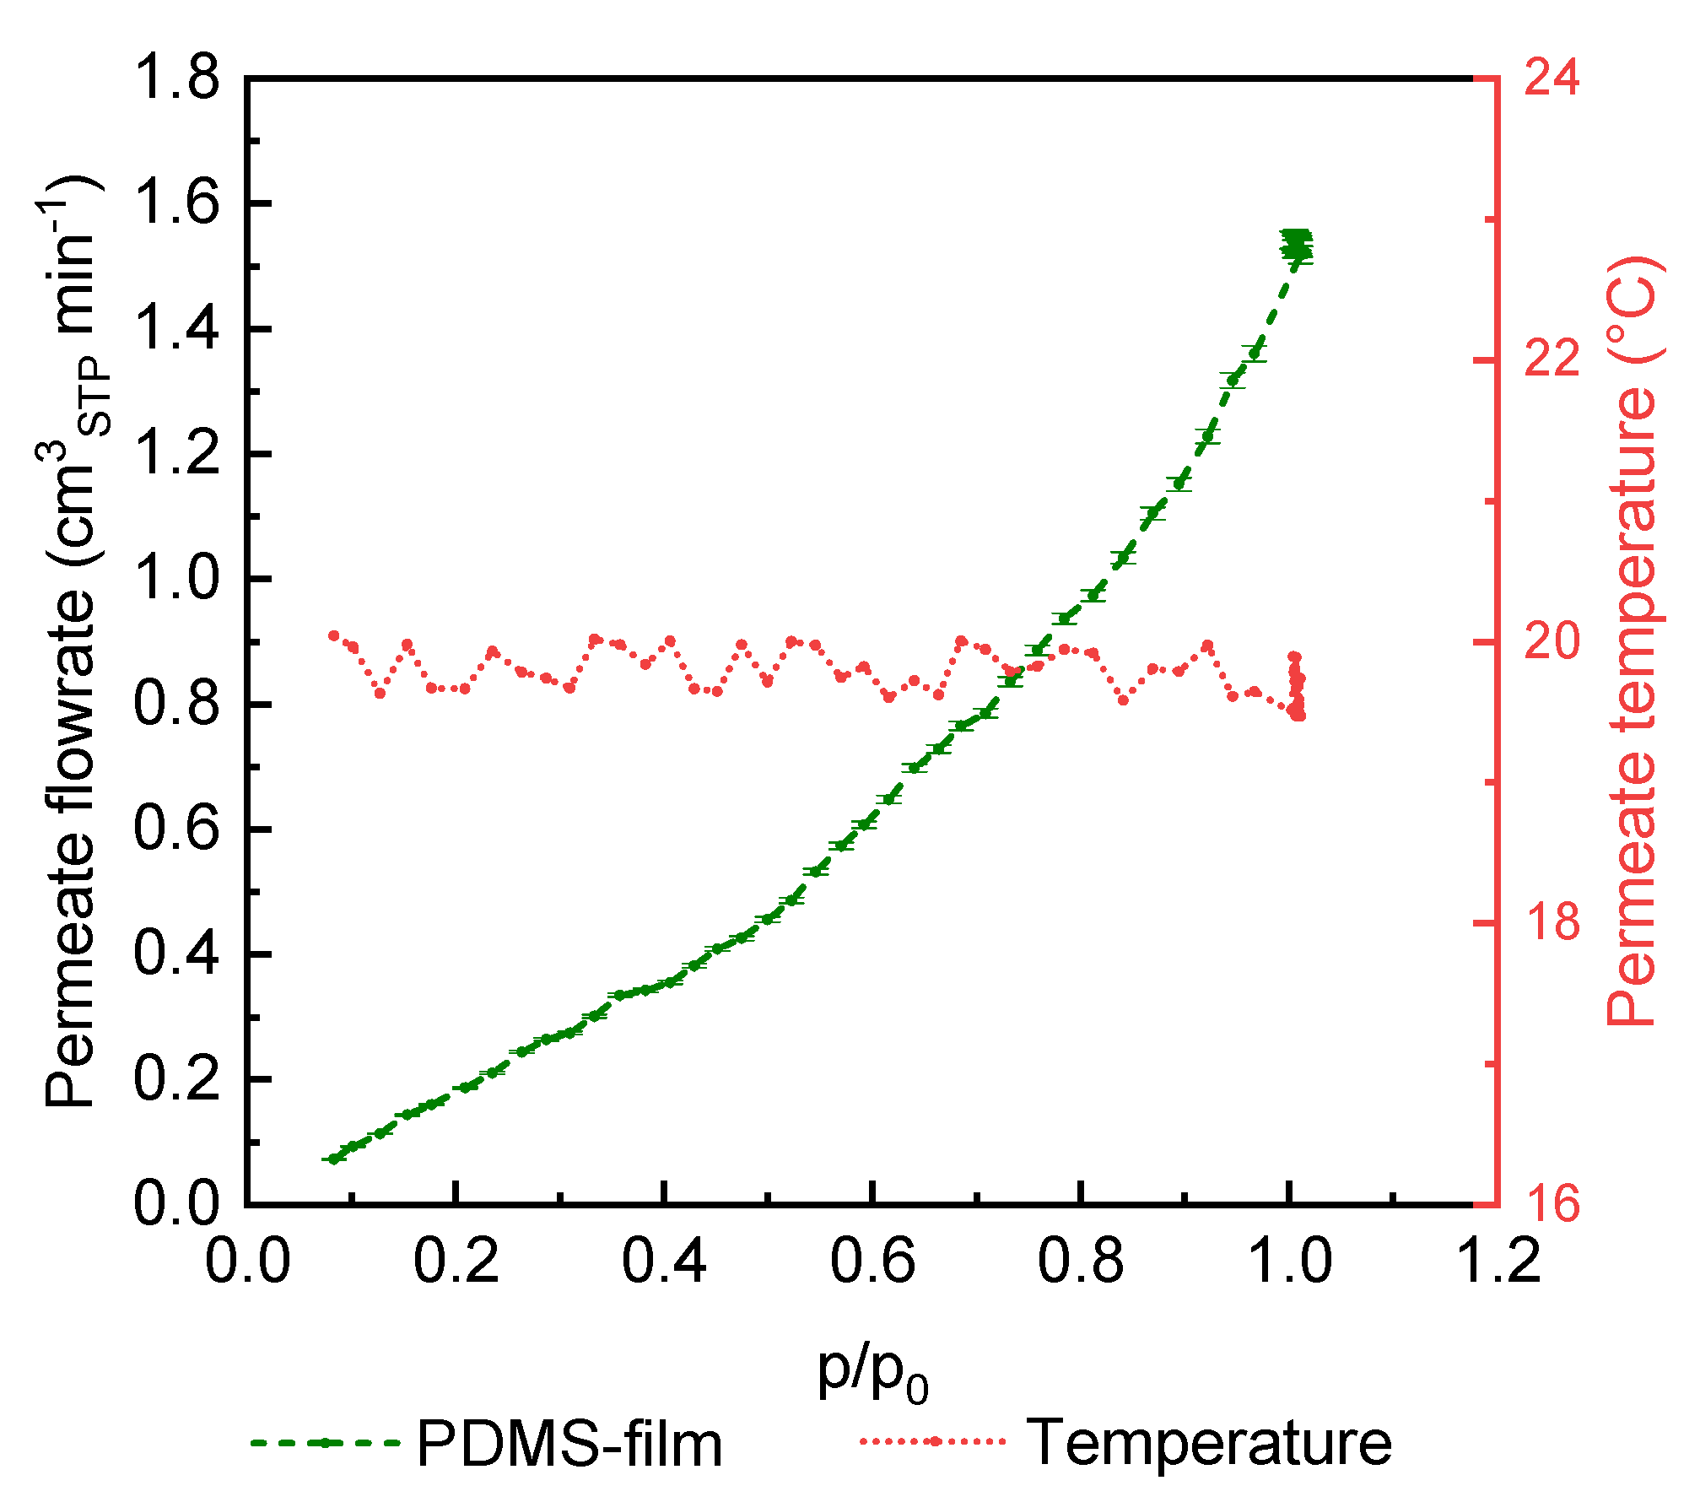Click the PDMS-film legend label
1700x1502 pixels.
[569, 1444]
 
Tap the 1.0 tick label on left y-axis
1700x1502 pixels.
[176, 580]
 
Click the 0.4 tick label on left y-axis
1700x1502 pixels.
[176, 954]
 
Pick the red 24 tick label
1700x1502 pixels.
[1552, 78]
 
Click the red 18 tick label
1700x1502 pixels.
[1552, 922]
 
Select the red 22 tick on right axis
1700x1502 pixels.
[1552, 360]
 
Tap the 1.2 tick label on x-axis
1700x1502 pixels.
[1498, 1262]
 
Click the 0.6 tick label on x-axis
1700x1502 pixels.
[872, 1262]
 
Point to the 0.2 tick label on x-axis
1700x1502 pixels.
[456, 1262]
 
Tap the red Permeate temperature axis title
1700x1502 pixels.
[1633, 641]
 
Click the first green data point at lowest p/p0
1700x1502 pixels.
[334, 1159]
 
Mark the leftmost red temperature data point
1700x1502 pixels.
[334, 635]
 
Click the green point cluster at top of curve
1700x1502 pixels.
[1296, 246]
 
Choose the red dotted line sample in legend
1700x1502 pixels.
[934, 1441]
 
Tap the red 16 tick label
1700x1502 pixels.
[1552, 1204]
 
